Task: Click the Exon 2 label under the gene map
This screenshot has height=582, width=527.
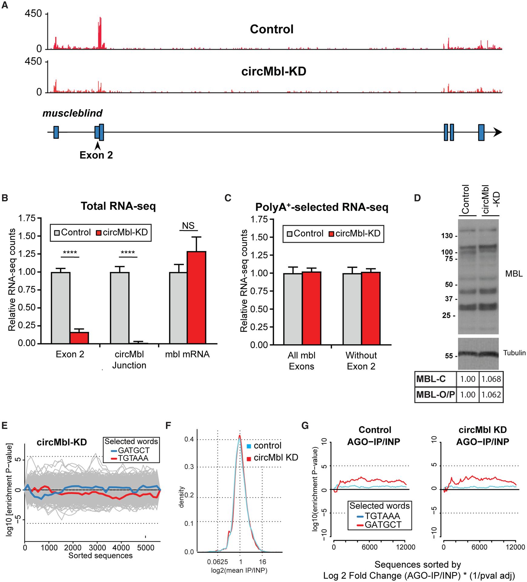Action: (x=96, y=155)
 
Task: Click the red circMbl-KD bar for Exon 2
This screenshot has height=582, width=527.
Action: (x=79, y=338)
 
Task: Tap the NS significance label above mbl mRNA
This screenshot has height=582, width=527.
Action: (x=188, y=226)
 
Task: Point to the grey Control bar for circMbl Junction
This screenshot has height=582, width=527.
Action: (x=120, y=307)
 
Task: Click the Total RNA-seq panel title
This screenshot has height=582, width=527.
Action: (x=118, y=206)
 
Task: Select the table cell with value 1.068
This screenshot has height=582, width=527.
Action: (x=491, y=379)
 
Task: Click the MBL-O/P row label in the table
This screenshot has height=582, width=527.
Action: (x=435, y=395)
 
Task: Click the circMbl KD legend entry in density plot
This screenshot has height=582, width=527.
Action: (x=276, y=457)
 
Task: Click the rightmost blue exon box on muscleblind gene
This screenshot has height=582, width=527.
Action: (x=481, y=132)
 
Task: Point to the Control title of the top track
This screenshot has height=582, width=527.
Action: (x=272, y=29)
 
